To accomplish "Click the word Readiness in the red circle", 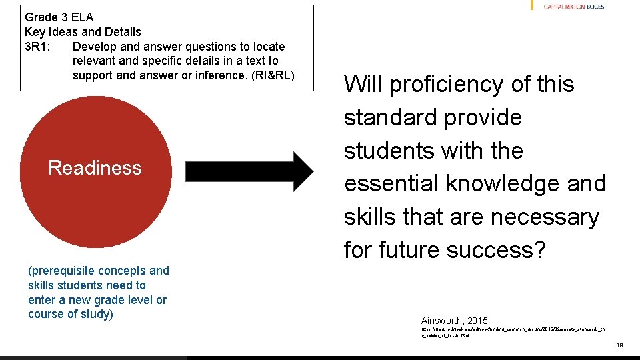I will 95,167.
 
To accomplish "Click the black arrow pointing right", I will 249,171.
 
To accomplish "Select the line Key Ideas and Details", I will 83,32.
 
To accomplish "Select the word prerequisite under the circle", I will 62,271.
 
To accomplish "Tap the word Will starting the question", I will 363,85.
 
